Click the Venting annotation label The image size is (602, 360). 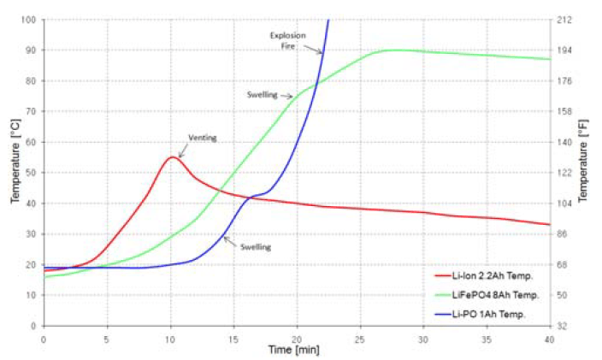click(202, 137)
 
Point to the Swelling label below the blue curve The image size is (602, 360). click(257, 247)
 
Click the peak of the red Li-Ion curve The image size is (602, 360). click(172, 157)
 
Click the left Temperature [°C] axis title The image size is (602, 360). click(15, 172)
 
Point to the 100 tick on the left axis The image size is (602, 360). click(29, 19)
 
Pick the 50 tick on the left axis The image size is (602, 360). click(31, 172)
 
